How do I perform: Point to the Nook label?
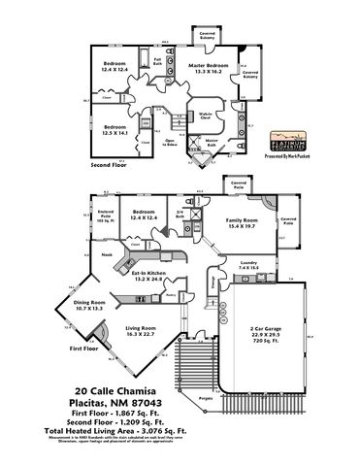click(x=107, y=254)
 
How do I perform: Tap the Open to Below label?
click(x=169, y=143)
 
